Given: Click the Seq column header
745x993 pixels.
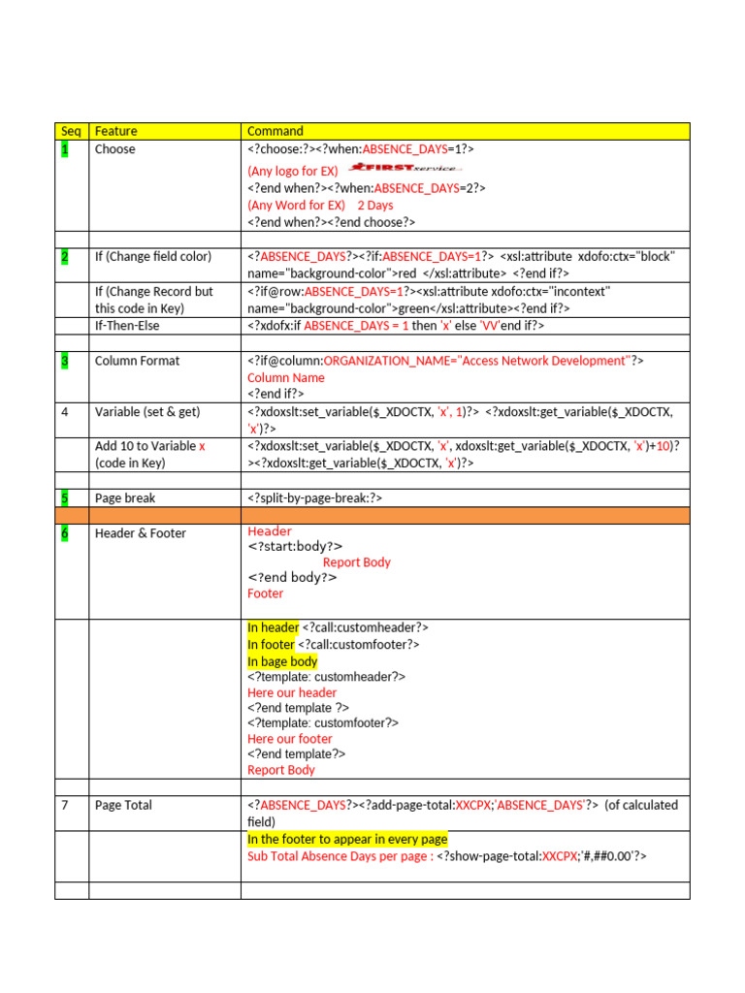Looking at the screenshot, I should (71, 131).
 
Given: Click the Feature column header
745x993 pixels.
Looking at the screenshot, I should (115, 131).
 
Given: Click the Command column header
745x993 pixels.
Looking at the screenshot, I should (275, 131).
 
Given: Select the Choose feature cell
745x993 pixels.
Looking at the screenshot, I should (115, 149).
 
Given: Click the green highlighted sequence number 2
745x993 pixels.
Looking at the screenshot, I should (65, 256).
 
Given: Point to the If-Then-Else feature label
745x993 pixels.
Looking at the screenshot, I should (127, 326).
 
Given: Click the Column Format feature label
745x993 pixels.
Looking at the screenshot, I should (137, 361).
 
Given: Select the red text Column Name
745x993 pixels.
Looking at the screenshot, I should (286, 377).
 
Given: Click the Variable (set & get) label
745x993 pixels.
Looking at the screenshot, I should (147, 412).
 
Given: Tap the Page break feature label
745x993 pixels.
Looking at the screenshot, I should (125, 498).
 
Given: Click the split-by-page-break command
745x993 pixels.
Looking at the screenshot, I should (315, 498).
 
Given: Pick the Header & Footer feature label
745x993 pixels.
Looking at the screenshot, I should (141, 533).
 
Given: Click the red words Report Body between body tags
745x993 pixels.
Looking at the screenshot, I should (357, 562).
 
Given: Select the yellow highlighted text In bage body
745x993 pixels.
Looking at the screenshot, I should (282, 661).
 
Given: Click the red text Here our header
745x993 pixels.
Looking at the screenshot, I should (292, 692).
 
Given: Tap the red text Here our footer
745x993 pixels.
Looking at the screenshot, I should (290, 739).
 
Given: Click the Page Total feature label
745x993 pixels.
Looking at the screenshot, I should (123, 805).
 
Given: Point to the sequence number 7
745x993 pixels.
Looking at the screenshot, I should (65, 805).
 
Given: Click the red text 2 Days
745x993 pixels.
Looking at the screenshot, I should (375, 206).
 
